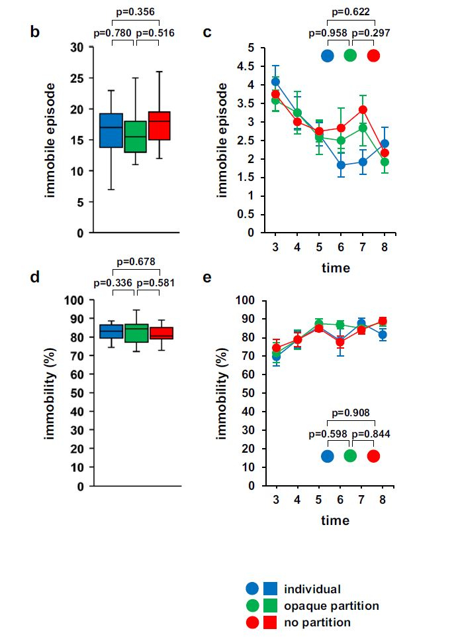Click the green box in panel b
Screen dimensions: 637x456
pos(135,137)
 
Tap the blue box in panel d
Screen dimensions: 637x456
pos(111,331)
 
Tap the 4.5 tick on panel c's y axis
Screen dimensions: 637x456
pos(248,66)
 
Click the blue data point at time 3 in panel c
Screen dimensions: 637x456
pos(275,82)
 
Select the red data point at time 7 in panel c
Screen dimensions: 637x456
pos(363,109)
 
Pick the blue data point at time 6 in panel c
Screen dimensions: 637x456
pos(341,165)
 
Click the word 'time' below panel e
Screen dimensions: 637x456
pos(336,520)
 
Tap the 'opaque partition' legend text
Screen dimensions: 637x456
pos(332,605)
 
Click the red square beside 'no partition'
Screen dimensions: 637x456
pos(269,622)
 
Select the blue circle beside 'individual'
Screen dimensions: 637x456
pos(251,589)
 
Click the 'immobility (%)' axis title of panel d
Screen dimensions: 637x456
pos(50,392)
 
